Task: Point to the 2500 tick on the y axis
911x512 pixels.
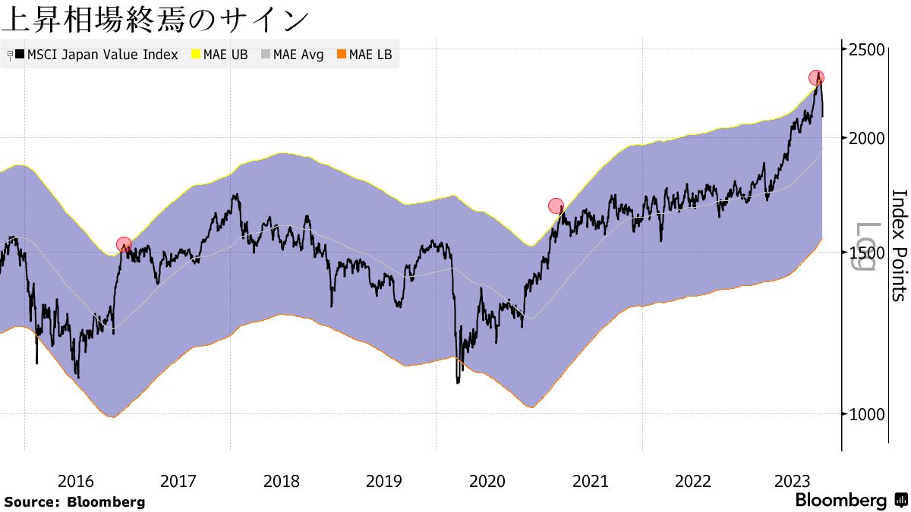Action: (x=865, y=49)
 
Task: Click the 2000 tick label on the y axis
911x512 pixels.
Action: (x=865, y=138)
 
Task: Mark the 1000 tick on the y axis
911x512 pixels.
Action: (x=865, y=414)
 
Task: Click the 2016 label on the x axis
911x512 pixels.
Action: (x=75, y=481)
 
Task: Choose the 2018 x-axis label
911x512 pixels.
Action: (x=281, y=481)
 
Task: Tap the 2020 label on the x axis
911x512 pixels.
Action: (x=487, y=481)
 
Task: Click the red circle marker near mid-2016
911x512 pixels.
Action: (x=124, y=244)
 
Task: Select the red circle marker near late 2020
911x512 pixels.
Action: (x=556, y=206)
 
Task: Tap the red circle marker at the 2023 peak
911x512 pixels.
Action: (x=816, y=77)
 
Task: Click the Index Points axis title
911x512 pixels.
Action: (x=898, y=245)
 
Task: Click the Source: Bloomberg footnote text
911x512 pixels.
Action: (x=74, y=502)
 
